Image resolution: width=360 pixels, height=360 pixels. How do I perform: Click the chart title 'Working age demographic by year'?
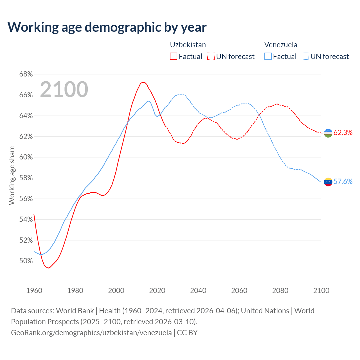(x=107, y=27)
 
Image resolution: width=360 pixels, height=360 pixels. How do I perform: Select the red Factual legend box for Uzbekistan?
(x=174, y=57)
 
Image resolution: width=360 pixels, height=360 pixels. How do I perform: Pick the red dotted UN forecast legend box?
(x=211, y=57)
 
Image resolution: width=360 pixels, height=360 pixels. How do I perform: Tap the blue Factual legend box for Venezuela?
(x=268, y=57)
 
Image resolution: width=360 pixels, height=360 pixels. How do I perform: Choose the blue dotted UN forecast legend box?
(x=305, y=57)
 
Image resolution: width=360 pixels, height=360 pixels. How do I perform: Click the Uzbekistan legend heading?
(x=188, y=45)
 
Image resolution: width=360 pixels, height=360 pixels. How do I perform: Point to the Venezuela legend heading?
(x=281, y=45)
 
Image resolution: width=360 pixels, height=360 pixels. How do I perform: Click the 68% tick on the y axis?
(x=26, y=74)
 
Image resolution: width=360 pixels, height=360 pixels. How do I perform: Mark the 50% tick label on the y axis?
(x=26, y=261)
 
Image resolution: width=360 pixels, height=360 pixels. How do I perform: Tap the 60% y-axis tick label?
(x=26, y=157)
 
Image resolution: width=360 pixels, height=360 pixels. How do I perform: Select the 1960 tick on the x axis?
(x=34, y=291)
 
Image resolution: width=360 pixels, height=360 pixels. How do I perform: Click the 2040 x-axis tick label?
(x=198, y=291)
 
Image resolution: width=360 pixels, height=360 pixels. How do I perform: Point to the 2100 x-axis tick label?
(x=321, y=291)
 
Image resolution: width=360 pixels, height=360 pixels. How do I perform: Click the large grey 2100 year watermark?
(x=64, y=89)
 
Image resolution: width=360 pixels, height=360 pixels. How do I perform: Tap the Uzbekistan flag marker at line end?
(x=328, y=133)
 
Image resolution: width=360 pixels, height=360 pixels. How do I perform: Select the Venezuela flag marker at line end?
(x=328, y=182)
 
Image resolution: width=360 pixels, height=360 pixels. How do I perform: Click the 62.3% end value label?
(x=343, y=133)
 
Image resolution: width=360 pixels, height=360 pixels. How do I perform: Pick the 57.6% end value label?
(x=343, y=182)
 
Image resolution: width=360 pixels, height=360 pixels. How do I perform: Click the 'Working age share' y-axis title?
(x=12, y=175)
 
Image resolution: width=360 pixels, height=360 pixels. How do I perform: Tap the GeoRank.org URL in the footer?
(x=91, y=333)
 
